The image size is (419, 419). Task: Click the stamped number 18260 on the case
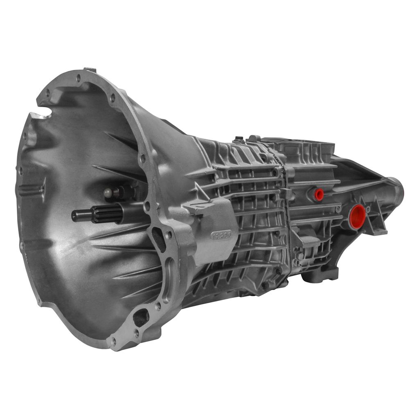coord(221,235)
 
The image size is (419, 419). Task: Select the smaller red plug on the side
coord(318,194)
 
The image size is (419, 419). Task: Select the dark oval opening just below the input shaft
coord(158,239)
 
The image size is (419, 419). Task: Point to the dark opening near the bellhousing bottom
coord(141,318)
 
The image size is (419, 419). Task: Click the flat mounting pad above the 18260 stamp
coord(205,207)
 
